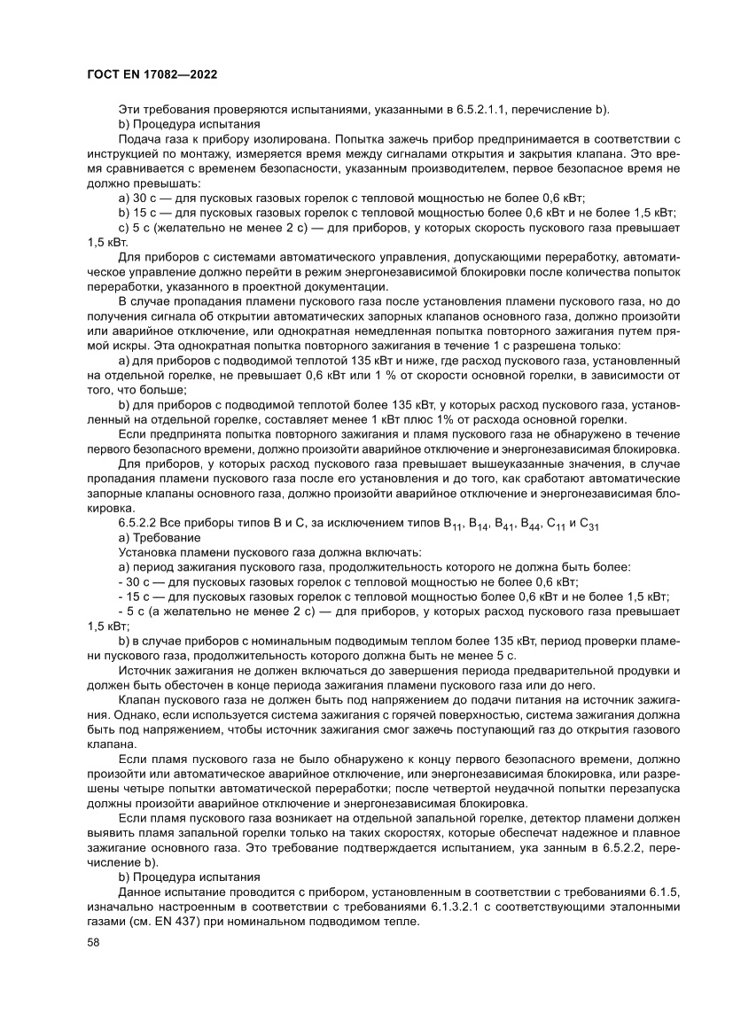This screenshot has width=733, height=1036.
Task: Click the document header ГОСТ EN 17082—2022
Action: coord(152,75)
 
